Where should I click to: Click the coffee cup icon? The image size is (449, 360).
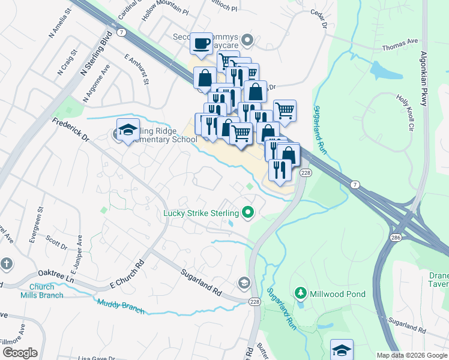202,43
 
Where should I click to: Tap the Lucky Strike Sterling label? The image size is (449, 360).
200,212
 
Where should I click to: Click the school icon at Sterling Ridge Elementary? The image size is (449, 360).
128,130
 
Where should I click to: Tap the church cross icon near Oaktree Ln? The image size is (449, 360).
6,264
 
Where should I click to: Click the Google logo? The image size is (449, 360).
19,353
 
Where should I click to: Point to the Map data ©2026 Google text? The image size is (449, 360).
411,355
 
